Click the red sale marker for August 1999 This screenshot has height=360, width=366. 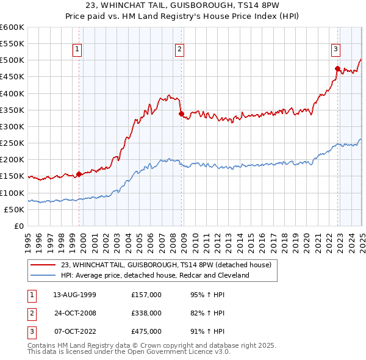79,174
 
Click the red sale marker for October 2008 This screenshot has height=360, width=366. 181,113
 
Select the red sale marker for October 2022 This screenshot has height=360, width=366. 337,68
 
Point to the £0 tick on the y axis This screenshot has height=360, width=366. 18,226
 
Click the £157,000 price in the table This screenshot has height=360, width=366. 146,295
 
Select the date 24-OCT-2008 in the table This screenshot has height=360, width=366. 75,313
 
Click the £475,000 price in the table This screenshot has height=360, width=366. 146,331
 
